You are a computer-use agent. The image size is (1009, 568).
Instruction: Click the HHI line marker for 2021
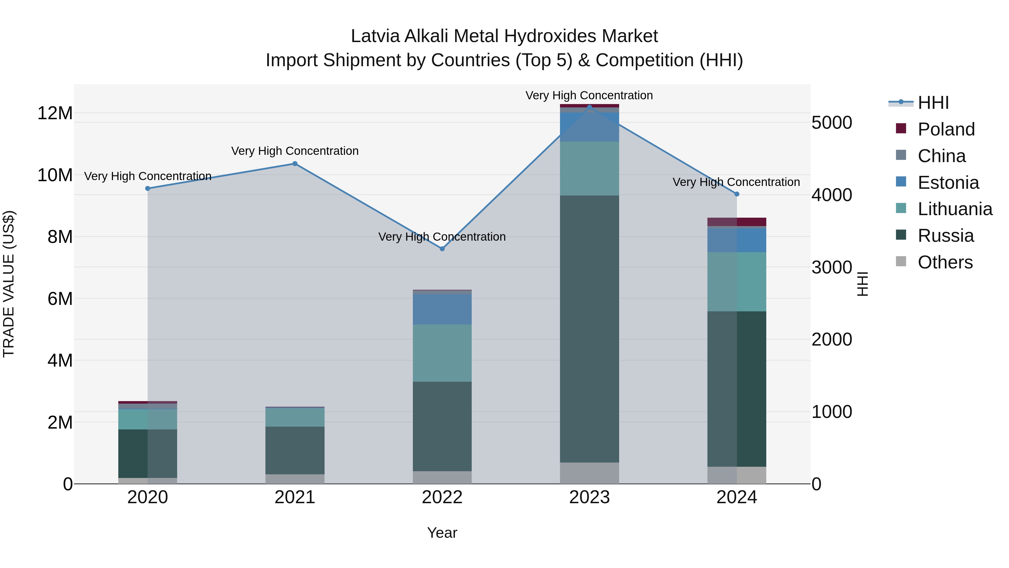tap(295, 164)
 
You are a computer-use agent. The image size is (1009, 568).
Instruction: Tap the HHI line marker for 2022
tap(442, 249)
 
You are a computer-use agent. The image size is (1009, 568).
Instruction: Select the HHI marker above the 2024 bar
tap(737, 194)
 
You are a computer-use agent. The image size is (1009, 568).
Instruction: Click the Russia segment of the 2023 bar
tap(589, 329)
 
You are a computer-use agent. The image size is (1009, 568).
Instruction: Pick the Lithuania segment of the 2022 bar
tap(442, 353)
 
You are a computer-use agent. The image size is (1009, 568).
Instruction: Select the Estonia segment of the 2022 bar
tap(442, 309)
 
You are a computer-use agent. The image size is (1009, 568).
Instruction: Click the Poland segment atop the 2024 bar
tap(737, 222)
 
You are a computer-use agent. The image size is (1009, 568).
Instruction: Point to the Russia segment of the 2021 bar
tap(295, 450)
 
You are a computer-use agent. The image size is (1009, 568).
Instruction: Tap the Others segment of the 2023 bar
tap(589, 473)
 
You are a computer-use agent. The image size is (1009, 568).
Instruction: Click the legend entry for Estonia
tap(948, 183)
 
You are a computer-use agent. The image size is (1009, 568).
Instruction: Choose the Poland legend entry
tap(946, 129)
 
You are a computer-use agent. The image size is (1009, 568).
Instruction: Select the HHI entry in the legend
tap(933, 103)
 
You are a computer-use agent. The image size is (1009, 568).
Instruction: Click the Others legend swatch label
tap(945, 262)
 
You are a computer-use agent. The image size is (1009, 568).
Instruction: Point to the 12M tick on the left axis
tap(55, 113)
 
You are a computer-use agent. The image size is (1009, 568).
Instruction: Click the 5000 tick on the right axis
tap(832, 123)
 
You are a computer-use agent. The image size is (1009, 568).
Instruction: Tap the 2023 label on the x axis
tap(589, 497)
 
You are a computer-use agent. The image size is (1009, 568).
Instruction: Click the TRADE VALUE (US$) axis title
tap(9, 284)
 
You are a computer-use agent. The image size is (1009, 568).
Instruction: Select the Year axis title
tap(442, 533)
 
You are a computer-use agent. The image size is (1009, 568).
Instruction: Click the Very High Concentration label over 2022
tap(442, 237)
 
